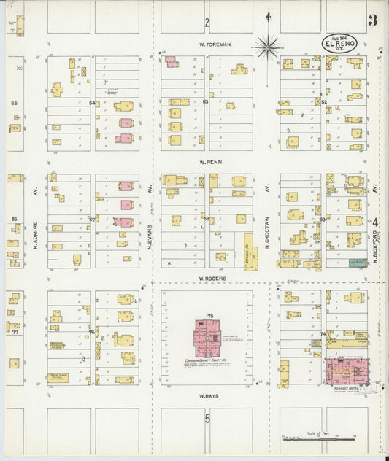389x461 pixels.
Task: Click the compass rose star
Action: click(268, 47)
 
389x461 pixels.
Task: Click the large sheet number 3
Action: click(372, 20)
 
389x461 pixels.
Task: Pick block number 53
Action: click(206, 102)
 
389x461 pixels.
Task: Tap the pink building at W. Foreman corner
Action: click(172, 62)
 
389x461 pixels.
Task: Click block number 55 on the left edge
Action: click(14, 104)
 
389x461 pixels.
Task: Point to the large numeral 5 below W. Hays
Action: click(207, 419)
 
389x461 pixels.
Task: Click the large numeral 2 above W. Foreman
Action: click(207, 23)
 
